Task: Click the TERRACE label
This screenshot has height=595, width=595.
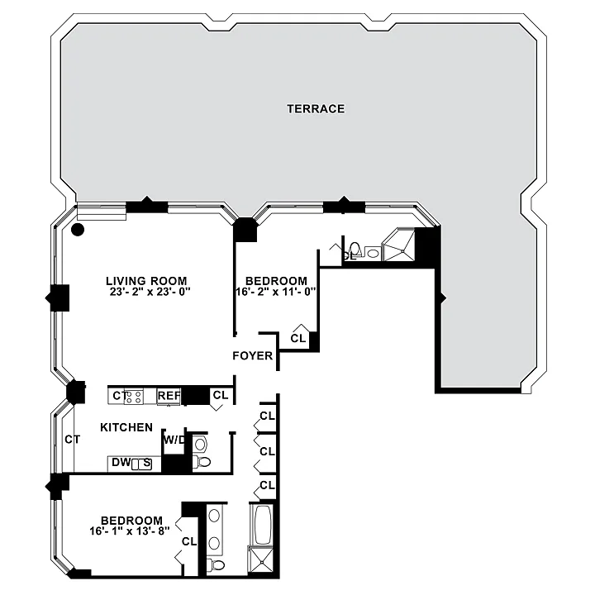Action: coord(316,109)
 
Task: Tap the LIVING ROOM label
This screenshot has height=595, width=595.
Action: coord(146,281)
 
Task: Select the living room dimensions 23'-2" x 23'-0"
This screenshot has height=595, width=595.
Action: coord(148,292)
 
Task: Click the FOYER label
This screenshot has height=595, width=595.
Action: coord(253,356)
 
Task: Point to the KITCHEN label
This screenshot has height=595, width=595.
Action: coord(126,427)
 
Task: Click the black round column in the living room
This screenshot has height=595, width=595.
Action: coord(78,229)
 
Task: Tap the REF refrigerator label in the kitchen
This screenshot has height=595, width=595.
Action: coord(169,396)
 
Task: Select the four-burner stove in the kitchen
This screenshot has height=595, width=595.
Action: coord(134,397)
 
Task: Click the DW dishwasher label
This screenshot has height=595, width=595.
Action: coord(121,462)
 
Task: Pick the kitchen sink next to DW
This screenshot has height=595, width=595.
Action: coord(141,464)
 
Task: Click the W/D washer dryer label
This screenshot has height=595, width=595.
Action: coord(174,440)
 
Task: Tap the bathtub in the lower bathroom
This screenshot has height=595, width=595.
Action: coord(262,525)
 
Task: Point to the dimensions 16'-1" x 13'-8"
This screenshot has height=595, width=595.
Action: coord(130,531)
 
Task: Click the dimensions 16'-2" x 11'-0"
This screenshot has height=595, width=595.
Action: coord(276,292)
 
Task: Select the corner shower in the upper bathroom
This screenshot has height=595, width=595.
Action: coord(398,244)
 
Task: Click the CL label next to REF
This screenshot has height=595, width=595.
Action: coord(221,395)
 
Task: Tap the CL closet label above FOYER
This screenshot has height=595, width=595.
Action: coord(297,338)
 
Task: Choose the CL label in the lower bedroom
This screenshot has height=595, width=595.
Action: coord(189,541)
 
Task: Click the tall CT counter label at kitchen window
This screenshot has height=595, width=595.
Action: coord(72,440)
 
